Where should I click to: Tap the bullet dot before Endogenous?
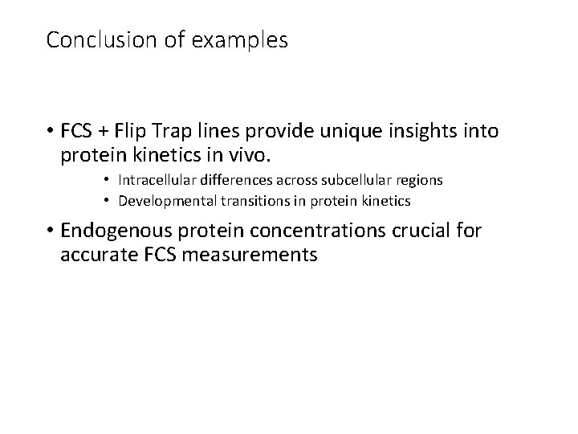[x=49, y=231]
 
